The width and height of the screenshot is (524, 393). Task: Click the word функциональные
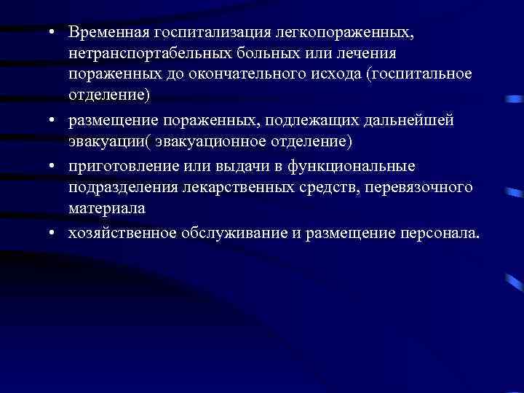click(359, 166)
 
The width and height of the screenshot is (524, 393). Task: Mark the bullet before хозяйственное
click(54, 234)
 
